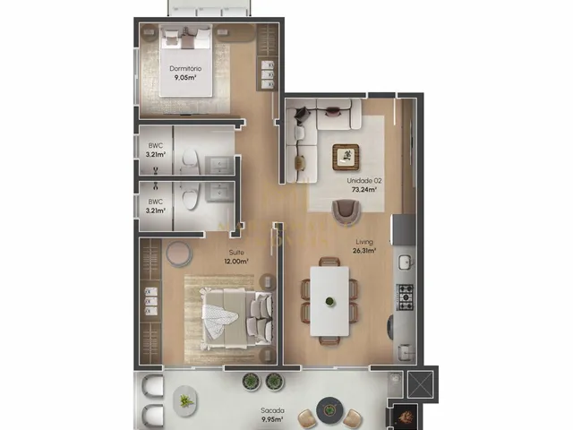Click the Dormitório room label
pos(185,68)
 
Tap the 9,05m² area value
pos(185,78)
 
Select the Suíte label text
pos(236,253)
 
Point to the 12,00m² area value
pos(236,262)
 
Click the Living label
pos(364,242)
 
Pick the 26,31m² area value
pos(364,251)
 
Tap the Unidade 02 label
pos(364,181)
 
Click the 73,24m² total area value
pos(364,190)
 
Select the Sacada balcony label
pos(272,410)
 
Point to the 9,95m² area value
pos(272,420)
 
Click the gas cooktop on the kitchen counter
pos(405,297)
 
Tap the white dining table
pos(329,301)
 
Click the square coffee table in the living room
pos(346,158)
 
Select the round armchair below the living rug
pos(346,211)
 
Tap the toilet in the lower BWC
pos(190,195)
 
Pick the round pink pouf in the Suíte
pos(178,254)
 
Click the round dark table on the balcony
pos(329,409)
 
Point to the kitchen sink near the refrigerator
pos(405,262)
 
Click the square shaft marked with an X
pos(420,384)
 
